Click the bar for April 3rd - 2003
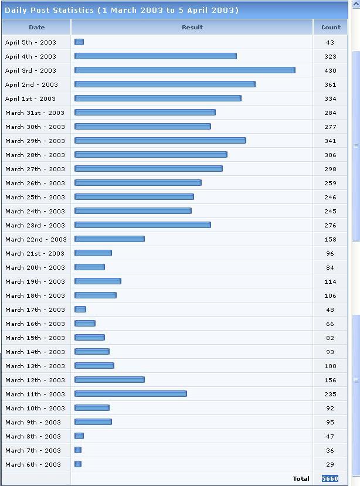tap(185, 70)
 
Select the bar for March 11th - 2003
tap(130, 394)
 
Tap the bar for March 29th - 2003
tap(160, 141)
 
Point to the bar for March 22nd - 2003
tap(109, 239)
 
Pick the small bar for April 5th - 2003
tap(79, 42)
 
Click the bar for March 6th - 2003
tap(78, 464)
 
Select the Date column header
tap(36, 27)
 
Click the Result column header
tap(192, 27)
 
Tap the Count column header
tap(331, 27)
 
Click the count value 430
tap(330, 70)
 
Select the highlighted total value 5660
tap(330, 478)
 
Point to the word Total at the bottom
tap(301, 478)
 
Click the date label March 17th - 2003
tap(35, 310)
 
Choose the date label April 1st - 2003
tap(30, 98)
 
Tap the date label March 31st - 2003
tap(35, 113)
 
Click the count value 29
tap(330, 464)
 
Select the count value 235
tap(330, 394)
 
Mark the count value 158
tap(330, 239)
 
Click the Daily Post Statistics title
tap(121, 11)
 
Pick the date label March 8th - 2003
tap(33, 436)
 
